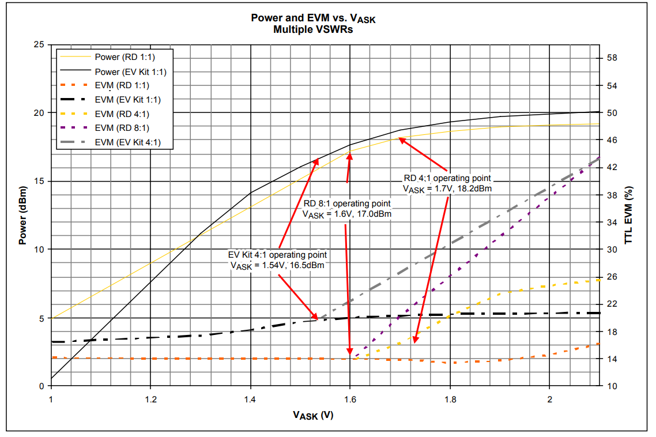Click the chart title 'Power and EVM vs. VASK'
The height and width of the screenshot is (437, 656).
pyautogui.click(x=313, y=18)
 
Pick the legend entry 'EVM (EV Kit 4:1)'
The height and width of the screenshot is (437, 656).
pyautogui.click(x=127, y=142)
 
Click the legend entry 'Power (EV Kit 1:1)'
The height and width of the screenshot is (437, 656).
pyautogui.click(x=130, y=71)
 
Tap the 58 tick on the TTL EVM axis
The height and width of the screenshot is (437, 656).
pyautogui.click(x=612, y=58)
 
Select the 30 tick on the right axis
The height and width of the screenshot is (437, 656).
pyautogui.click(x=612, y=250)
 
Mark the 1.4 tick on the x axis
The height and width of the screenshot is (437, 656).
pyautogui.click(x=250, y=399)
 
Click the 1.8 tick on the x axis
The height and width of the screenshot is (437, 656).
pyautogui.click(x=450, y=399)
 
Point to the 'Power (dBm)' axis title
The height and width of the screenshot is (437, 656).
pyautogui.click(x=22, y=215)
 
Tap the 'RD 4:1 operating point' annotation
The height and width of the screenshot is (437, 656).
pyautogui.click(x=447, y=178)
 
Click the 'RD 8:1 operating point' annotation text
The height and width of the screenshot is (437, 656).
pyautogui.click(x=347, y=204)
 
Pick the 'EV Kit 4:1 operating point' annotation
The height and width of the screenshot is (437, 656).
pyautogui.click(x=277, y=254)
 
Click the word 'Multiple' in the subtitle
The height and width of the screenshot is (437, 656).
pyautogui.click(x=292, y=30)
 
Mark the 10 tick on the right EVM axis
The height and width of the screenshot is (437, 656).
pyautogui.click(x=612, y=386)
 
